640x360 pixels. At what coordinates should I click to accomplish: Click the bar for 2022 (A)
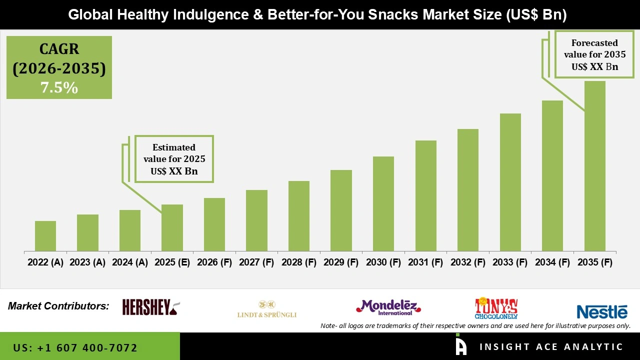45,236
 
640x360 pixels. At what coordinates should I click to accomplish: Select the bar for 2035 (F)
594,166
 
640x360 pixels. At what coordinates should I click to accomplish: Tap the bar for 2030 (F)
383,203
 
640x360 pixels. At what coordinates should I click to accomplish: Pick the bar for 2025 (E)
172,227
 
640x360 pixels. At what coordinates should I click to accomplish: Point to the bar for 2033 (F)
510,182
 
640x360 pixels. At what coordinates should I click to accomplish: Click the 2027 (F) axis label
256,262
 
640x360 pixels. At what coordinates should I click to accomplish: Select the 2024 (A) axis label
130,262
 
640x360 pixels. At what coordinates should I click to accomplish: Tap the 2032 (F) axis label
468,262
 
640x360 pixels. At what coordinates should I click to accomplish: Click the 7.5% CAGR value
59,88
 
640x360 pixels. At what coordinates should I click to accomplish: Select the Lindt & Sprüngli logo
267,309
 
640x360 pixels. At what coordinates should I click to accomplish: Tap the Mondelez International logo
388,307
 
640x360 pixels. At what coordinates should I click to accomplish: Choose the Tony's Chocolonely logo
496,308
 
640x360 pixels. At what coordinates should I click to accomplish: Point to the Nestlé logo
602,312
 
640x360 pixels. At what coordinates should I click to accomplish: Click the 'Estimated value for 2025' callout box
174,159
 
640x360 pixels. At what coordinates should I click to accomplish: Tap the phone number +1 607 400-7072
75,347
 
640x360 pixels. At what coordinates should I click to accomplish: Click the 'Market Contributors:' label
58,305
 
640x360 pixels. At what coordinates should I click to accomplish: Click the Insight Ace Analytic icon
461,345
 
